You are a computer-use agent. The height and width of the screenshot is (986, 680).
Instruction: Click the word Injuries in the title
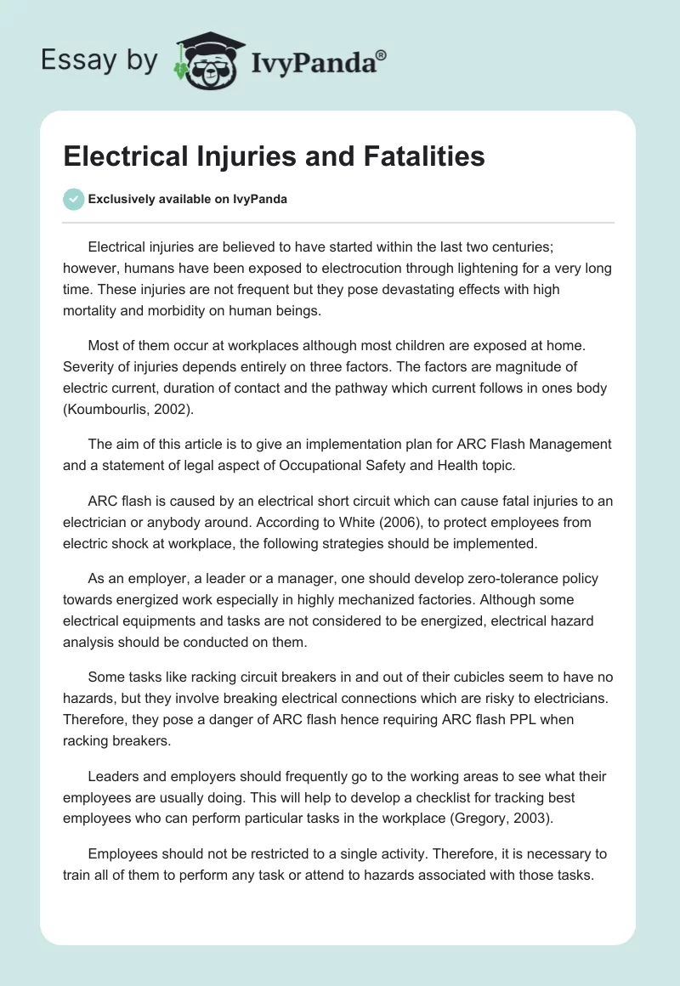(x=242, y=156)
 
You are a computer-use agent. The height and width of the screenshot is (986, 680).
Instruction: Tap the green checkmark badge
(x=73, y=199)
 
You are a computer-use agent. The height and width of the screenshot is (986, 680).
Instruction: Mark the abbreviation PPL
(x=527, y=719)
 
